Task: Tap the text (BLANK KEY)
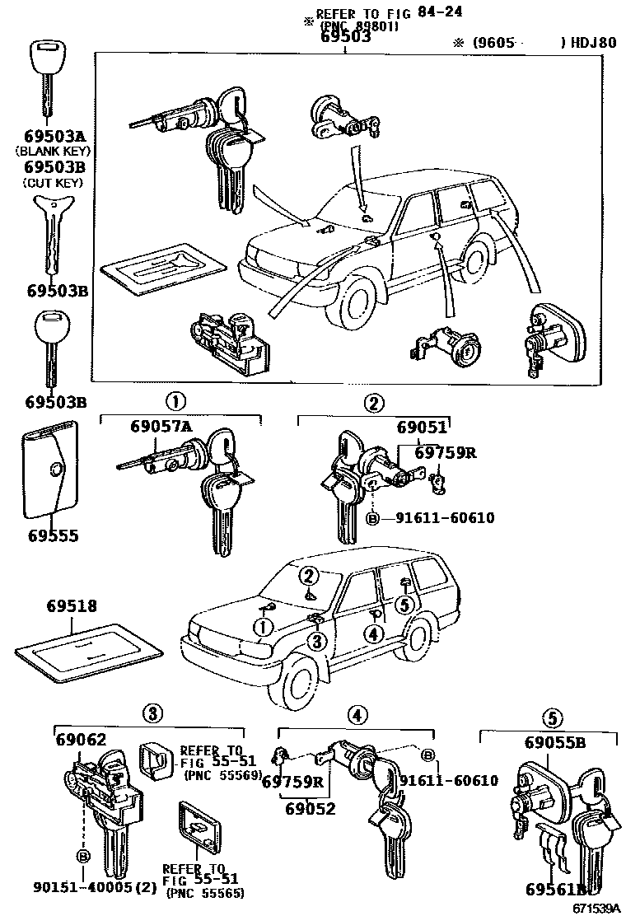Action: click(52, 152)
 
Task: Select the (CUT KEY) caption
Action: click(52, 181)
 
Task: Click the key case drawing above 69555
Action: click(51, 470)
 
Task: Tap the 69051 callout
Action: click(422, 428)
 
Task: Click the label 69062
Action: click(82, 739)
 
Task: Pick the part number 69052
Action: click(311, 808)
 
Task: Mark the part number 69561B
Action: click(554, 889)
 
